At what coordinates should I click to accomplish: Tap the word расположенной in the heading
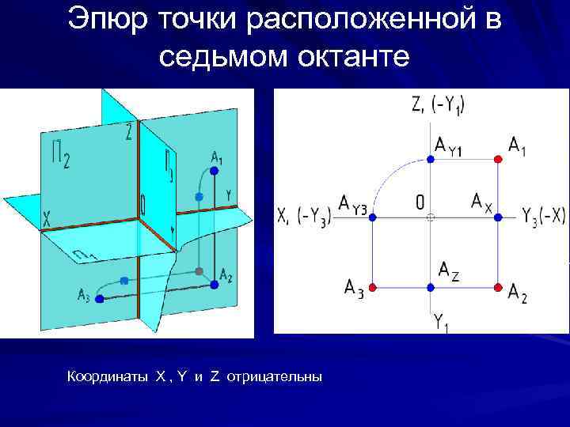pos(360,21)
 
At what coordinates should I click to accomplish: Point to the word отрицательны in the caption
pos(275,376)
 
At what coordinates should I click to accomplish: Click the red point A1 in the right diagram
pos(498,159)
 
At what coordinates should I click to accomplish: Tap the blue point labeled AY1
pos(430,159)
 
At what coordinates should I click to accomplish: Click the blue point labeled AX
pos(498,215)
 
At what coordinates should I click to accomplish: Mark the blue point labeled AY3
pos(373,215)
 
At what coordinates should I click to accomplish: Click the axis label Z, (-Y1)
pos(438,104)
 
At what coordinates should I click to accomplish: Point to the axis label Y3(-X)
pos(544,216)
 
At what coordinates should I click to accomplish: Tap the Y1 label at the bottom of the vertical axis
pos(441,322)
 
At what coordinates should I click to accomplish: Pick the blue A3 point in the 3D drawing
pos(99,299)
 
